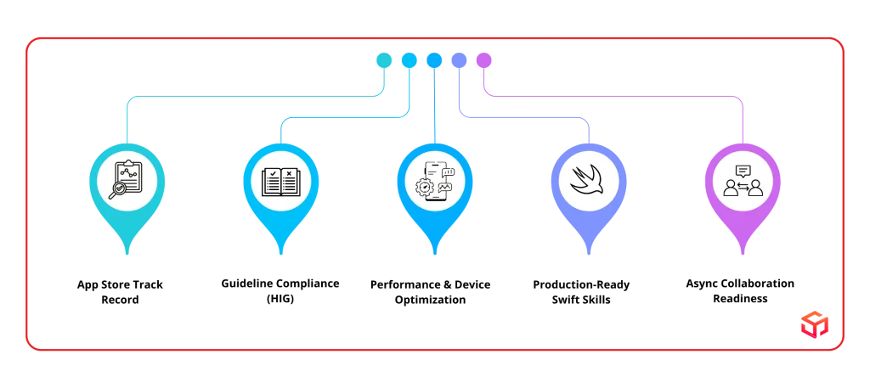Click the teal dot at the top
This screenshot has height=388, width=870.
click(384, 60)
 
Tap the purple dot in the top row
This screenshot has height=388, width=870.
click(483, 60)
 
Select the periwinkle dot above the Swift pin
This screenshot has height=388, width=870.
click(459, 60)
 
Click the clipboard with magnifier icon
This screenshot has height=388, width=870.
click(127, 180)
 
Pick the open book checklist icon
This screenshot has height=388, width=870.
click(280, 182)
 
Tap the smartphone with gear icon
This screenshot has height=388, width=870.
click(434, 181)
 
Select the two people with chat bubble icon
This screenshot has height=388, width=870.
click(743, 181)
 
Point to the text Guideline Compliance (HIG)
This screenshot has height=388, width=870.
click(280, 291)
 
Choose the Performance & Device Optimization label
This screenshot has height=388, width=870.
click(430, 292)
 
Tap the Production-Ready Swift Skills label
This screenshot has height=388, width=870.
click(581, 292)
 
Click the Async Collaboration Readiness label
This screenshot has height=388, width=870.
click(740, 291)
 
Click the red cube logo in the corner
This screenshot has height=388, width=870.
click(815, 323)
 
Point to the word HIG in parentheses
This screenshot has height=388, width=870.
click(280, 300)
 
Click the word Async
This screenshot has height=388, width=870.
click(702, 284)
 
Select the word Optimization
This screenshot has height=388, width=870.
click(430, 300)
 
